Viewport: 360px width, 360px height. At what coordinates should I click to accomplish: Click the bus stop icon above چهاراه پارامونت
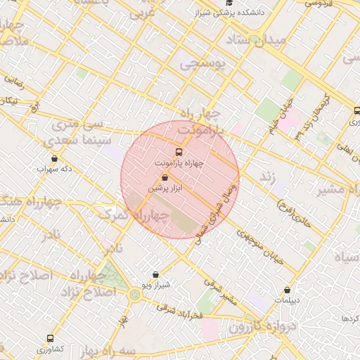pyautogui.click(x=179, y=152)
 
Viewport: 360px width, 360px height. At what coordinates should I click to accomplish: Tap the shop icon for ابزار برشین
pyautogui.click(x=165, y=179)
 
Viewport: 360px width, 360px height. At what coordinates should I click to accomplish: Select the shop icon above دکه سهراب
pyautogui.click(x=55, y=158)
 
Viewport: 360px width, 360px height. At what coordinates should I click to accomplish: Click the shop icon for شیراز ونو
pyautogui.click(x=155, y=274)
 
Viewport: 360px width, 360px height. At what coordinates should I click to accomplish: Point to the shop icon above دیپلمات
pyautogui.click(x=287, y=290)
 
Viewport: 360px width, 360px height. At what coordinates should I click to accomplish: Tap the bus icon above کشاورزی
pyautogui.click(x=50, y=338)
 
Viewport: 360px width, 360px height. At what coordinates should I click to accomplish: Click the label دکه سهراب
pyautogui.click(x=55, y=169)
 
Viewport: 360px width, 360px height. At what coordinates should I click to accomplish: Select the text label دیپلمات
pyautogui.click(x=287, y=300)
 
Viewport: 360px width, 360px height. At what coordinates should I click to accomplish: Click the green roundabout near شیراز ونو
pyautogui.click(x=134, y=294)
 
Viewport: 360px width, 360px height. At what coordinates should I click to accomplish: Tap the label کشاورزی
pyautogui.click(x=50, y=349)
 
